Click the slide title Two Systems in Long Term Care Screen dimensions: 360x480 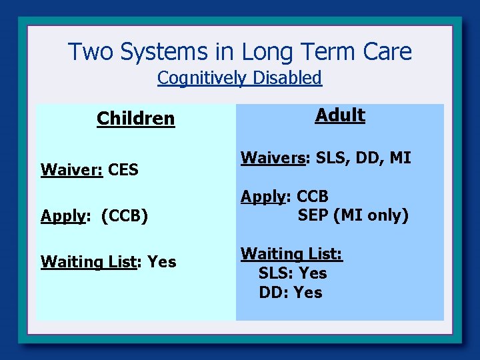(x=240, y=51)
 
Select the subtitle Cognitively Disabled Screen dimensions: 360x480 (x=239, y=78)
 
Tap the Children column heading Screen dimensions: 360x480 (x=135, y=119)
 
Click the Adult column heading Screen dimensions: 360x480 (x=340, y=115)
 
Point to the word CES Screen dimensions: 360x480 (x=123, y=170)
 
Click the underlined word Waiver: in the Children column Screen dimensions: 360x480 (x=71, y=170)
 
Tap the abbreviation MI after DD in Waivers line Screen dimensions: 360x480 (x=400, y=158)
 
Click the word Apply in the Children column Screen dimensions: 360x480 (x=64, y=216)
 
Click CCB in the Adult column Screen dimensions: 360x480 (x=313, y=197)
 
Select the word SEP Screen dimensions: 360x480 (x=313, y=215)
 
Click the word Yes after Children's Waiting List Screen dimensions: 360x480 (x=161, y=262)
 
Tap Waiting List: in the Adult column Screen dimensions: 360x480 (x=291, y=254)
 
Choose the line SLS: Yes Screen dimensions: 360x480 (x=293, y=273)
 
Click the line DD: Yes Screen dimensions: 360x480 (x=291, y=293)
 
